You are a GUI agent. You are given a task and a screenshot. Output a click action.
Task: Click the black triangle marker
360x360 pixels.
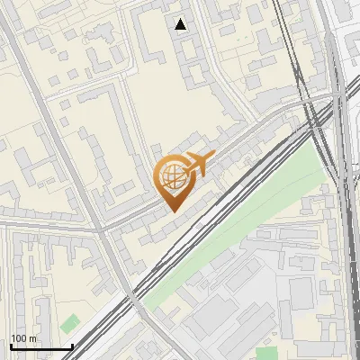(182, 24)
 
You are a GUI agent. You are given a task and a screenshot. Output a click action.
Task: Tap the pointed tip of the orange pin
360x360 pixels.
(173, 211)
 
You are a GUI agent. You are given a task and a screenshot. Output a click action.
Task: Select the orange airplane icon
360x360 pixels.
(200, 164)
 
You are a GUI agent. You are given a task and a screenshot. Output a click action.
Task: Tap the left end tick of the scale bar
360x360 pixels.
(10, 346)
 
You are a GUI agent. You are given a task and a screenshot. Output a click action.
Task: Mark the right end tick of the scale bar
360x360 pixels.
(72, 346)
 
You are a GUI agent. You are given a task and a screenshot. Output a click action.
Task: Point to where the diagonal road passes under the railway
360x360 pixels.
(132, 293)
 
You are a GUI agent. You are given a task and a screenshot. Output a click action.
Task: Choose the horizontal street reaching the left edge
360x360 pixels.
(36, 225)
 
